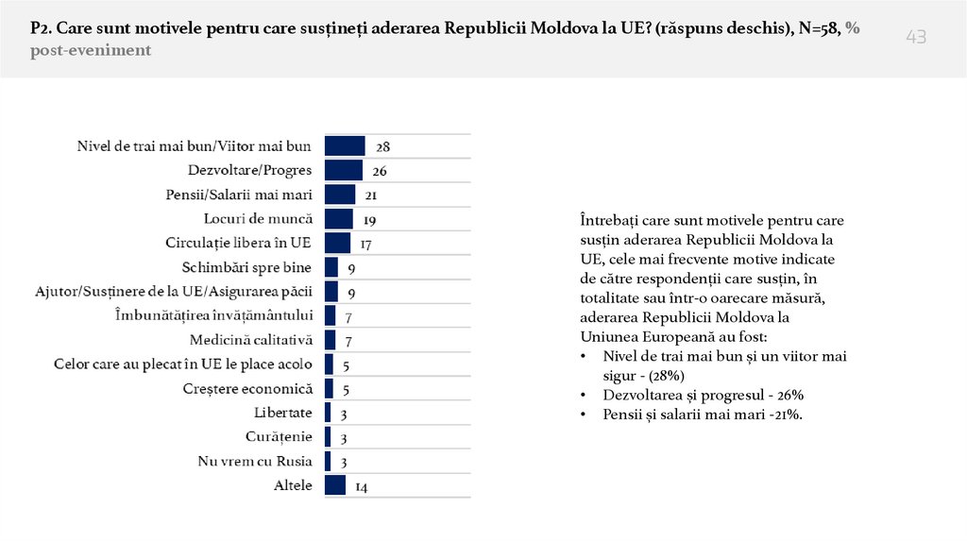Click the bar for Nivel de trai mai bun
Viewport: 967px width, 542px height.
(x=345, y=145)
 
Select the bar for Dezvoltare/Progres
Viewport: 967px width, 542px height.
(x=344, y=170)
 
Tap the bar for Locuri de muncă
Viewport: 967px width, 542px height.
(x=338, y=218)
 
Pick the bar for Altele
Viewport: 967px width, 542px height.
(x=335, y=485)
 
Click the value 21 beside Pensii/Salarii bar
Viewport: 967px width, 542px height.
(x=371, y=195)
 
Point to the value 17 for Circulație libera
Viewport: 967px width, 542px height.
(x=366, y=243)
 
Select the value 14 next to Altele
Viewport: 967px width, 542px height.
(x=362, y=486)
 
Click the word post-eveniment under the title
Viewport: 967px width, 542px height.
(x=91, y=50)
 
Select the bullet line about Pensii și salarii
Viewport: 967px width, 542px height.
(x=692, y=415)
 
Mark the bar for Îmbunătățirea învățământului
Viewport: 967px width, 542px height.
(x=331, y=315)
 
